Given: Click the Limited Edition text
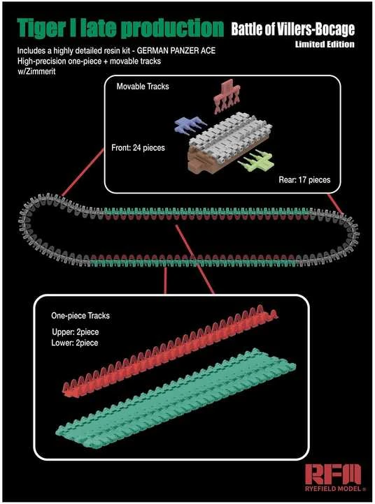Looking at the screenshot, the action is tap(325, 45).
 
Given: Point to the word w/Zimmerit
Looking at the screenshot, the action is tap(36, 71).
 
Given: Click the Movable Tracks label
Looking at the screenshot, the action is tap(143, 87).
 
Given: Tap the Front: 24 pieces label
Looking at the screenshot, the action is tap(138, 148).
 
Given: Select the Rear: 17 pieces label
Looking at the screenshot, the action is tap(304, 179).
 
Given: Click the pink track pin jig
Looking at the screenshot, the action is tap(227, 97).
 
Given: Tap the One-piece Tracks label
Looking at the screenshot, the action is tap(80, 316).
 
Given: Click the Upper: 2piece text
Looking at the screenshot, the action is tap(76, 332).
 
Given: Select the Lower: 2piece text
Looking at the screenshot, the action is tap(75, 343).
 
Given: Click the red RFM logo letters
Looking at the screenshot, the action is tap(333, 474).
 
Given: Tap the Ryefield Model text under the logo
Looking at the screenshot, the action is tap(334, 489).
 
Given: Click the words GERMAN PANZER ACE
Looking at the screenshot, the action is tap(176, 51).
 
